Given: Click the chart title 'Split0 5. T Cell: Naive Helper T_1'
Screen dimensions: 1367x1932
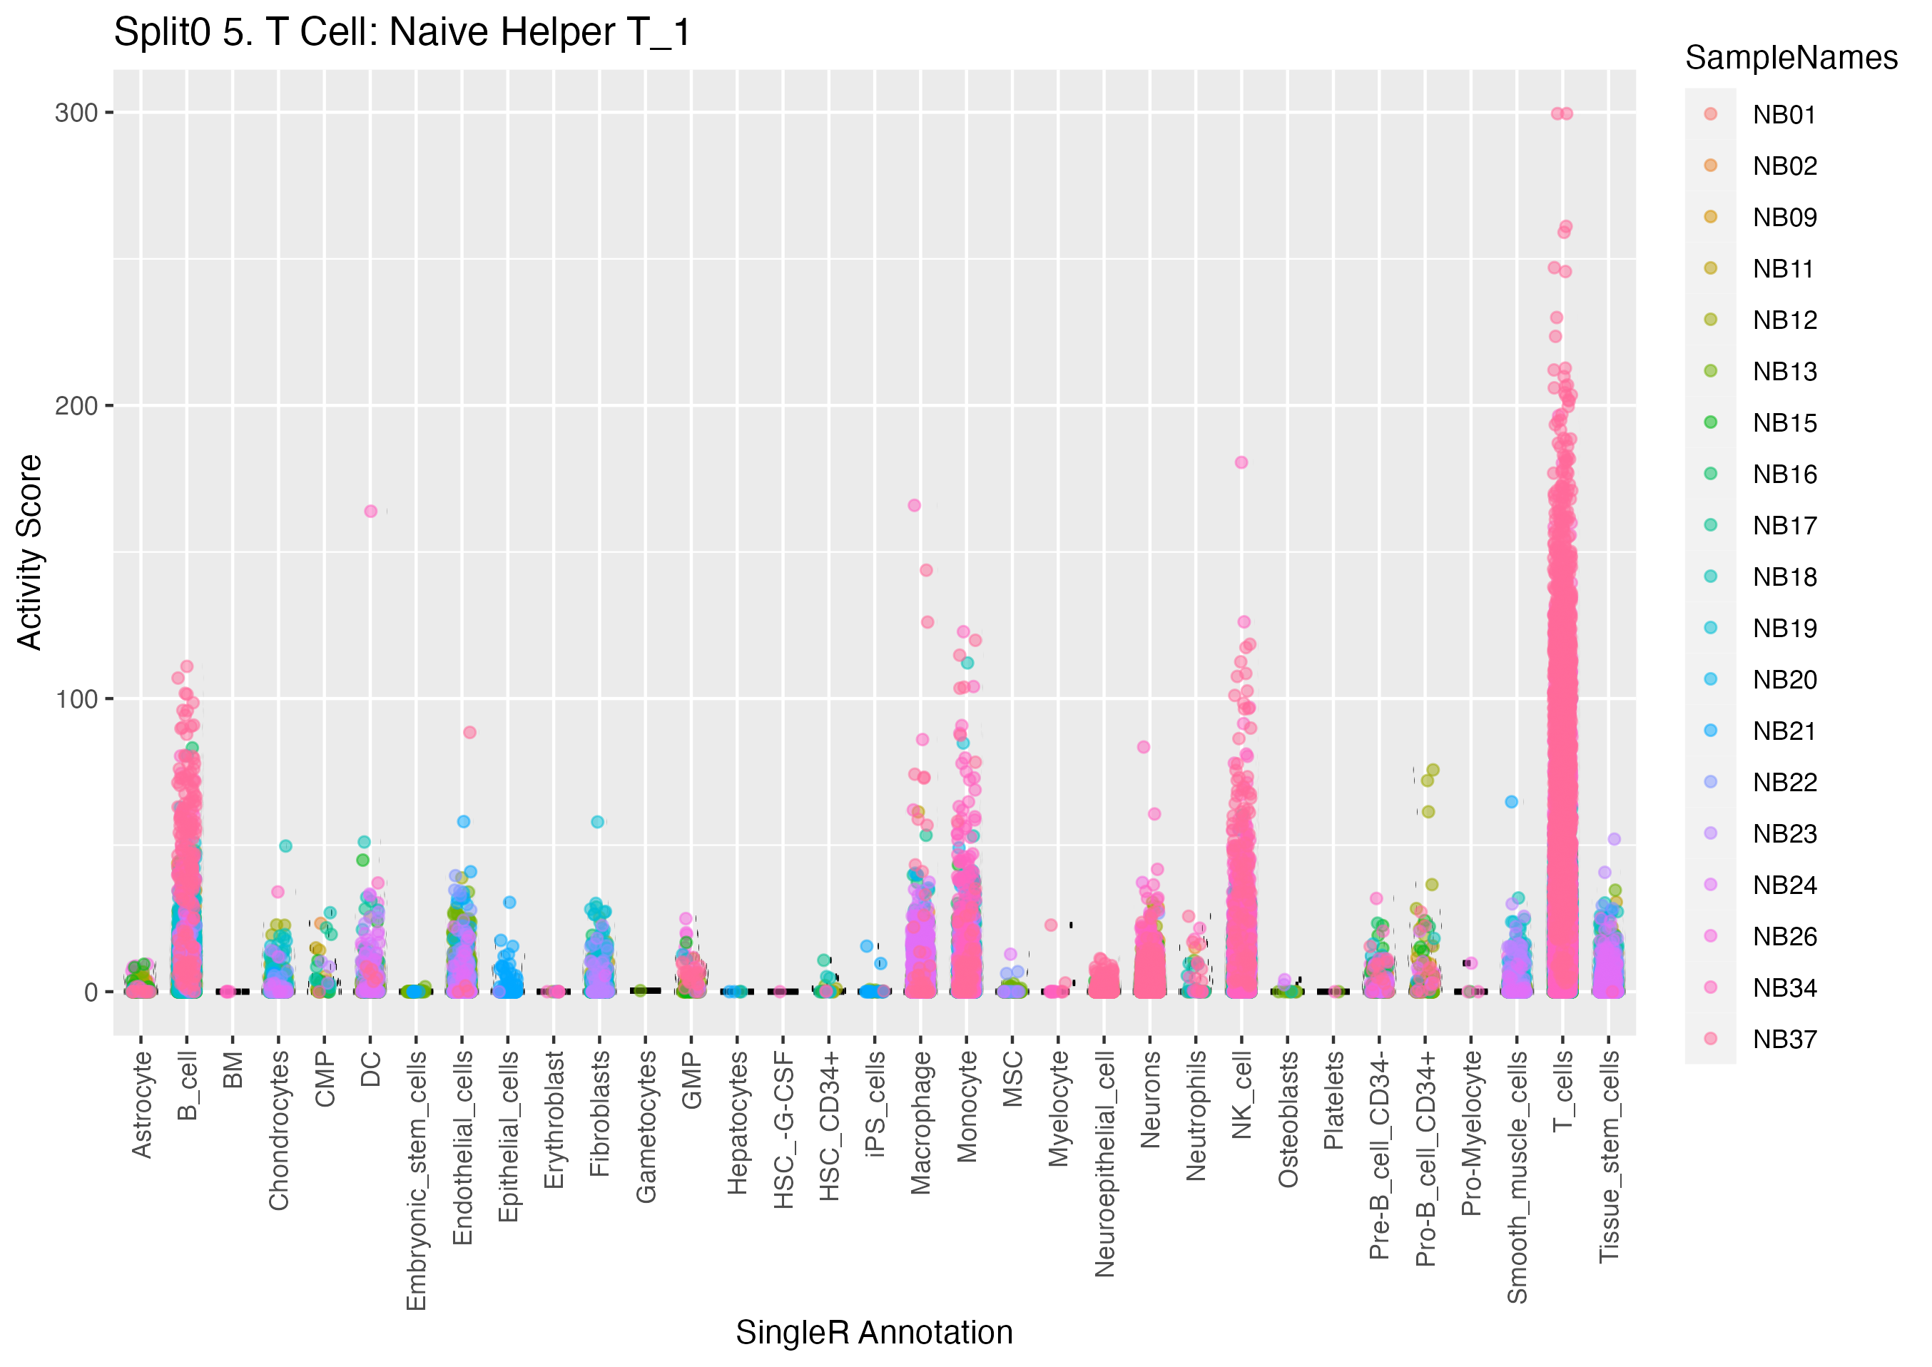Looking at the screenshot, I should [402, 33].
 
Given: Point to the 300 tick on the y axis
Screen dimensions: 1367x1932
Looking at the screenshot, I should [76, 113].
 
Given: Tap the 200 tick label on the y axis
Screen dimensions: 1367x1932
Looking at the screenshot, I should [76, 406].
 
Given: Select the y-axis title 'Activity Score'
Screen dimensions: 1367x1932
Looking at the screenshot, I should [29, 552].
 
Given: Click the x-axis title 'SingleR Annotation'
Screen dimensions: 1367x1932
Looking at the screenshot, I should [873, 1333].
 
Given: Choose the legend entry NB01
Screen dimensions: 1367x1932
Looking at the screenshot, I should [1783, 114].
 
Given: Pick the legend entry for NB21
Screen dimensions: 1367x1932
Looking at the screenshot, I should [1784, 731].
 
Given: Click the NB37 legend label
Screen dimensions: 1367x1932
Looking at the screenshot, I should [1784, 1039].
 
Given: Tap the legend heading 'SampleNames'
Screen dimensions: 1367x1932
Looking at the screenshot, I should [1791, 58].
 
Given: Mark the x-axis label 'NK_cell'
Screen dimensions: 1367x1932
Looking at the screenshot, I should [1242, 1094].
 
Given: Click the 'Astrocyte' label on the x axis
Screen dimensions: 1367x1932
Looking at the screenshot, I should [141, 1104].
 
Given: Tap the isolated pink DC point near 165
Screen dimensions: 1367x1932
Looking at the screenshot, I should [370, 511].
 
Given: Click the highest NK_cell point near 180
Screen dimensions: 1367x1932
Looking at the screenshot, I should [1241, 462].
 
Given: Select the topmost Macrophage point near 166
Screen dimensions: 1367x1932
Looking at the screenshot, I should [915, 505].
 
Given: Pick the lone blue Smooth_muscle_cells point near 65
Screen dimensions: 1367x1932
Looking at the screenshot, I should [1511, 801].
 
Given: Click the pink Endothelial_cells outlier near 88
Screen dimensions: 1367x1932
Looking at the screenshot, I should [469, 732].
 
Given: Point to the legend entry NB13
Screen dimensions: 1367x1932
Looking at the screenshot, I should [1784, 371].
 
